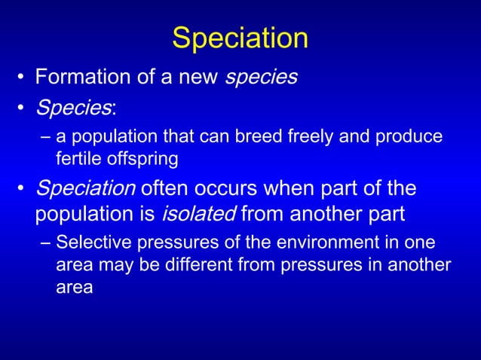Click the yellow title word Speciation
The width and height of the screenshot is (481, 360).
pyautogui.click(x=240, y=38)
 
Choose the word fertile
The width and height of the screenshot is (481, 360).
pyautogui.click(x=78, y=159)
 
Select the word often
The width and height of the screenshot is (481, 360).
pyautogui.click(x=156, y=188)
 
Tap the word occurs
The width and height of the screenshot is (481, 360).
pyautogui.click(x=219, y=188)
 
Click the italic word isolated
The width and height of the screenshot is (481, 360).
pyautogui.click(x=198, y=215)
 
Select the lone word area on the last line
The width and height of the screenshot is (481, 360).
pyautogui.click(x=74, y=287)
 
